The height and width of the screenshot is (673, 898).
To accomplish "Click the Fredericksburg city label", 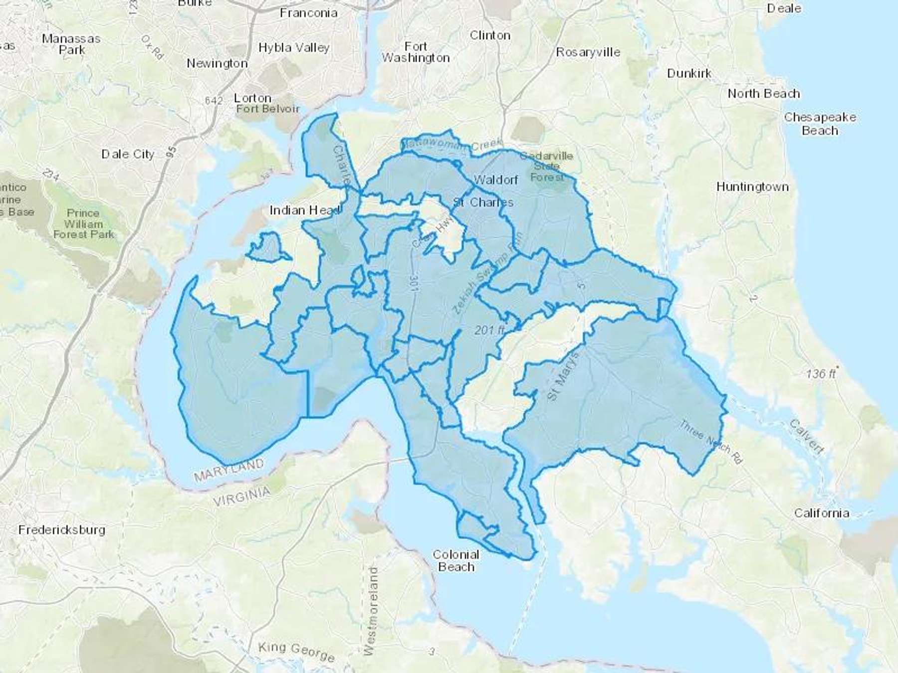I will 62,529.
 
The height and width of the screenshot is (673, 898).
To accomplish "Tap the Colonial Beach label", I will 455,561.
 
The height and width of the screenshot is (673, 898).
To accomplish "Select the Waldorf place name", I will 495,179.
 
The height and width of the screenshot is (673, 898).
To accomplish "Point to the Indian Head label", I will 305,210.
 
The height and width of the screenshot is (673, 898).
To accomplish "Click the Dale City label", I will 128,154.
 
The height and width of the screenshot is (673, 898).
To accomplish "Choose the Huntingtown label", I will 752,187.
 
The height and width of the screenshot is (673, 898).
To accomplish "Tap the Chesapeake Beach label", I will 820,124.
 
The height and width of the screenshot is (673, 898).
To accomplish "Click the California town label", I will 821,513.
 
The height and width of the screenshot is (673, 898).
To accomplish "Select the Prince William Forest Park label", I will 83,223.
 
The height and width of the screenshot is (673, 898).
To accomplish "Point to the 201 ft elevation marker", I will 489,330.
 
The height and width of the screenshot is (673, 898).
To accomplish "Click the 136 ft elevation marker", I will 821,373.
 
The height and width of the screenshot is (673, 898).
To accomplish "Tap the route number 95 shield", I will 172,152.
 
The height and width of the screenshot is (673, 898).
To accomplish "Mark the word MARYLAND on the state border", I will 229,470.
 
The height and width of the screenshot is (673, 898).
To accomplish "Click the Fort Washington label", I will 416,52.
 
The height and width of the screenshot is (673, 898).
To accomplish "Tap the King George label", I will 296,652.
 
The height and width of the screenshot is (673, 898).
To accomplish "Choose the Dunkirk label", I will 689,73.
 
